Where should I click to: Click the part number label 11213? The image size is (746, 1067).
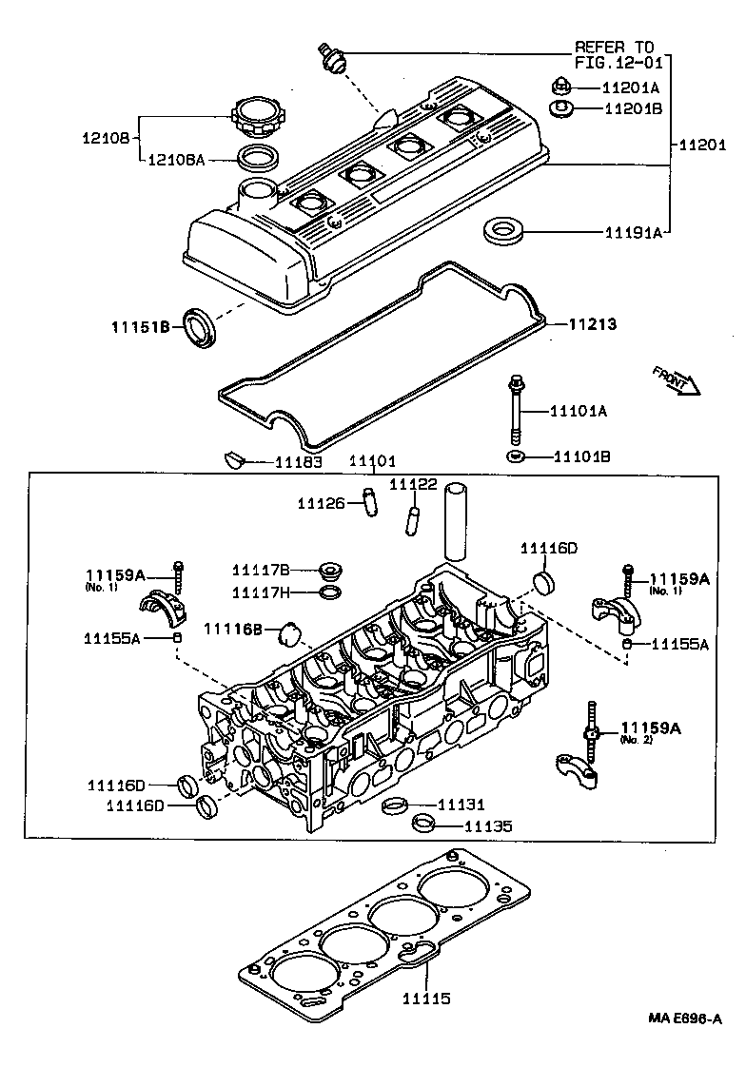point(592,325)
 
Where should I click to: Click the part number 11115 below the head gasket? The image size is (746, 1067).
point(424,999)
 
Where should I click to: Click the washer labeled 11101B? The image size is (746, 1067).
point(516,457)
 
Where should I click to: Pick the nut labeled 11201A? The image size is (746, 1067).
point(560,87)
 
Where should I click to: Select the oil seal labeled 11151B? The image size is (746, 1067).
point(200,327)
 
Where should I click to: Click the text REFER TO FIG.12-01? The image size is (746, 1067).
point(614,54)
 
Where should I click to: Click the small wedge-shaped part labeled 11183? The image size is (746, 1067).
point(233,461)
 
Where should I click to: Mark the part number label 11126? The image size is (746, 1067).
point(320,502)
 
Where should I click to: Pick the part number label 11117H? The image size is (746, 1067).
point(261,593)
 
